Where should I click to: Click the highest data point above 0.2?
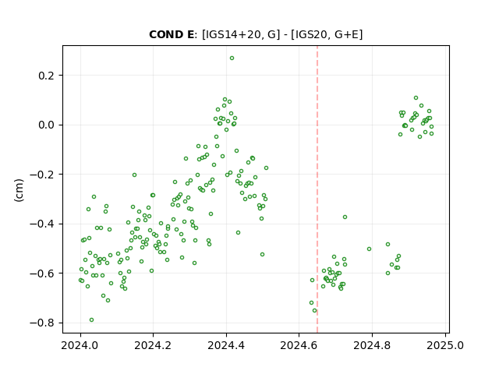pyautogui.click(x=232, y=58)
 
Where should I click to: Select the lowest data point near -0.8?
pyautogui.click(x=92, y=320)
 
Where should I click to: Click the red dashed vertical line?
pyautogui.click(x=317, y=189)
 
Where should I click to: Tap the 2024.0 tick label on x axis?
pyautogui.click(x=80, y=345)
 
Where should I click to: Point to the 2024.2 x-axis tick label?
pyautogui.click(x=153, y=345)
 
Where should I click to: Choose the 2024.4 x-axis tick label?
pyautogui.click(x=226, y=345)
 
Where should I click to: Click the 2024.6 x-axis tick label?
pyautogui.click(x=299, y=345)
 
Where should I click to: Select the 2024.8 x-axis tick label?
pyautogui.click(x=372, y=345)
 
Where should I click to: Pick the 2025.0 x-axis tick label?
pyautogui.click(x=445, y=345)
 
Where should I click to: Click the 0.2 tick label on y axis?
pyautogui.click(x=47, y=76)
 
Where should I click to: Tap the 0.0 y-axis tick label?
pyautogui.click(x=47, y=125)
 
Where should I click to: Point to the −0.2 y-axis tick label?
pyautogui.click(x=43, y=175)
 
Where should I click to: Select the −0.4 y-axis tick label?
pyautogui.click(x=43, y=224)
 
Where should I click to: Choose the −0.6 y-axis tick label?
pyautogui.click(x=43, y=273)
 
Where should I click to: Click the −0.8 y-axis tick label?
pyautogui.click(x=43, y=323)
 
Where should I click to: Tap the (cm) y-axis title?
pyautogui.click(x=19, y=190)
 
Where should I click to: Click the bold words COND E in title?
pyautogui.click(x=172, y=34)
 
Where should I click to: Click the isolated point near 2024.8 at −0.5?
pyautogui.click(x=369, y=249)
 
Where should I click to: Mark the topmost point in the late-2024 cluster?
pyautogui.click(x=416, y=98)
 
